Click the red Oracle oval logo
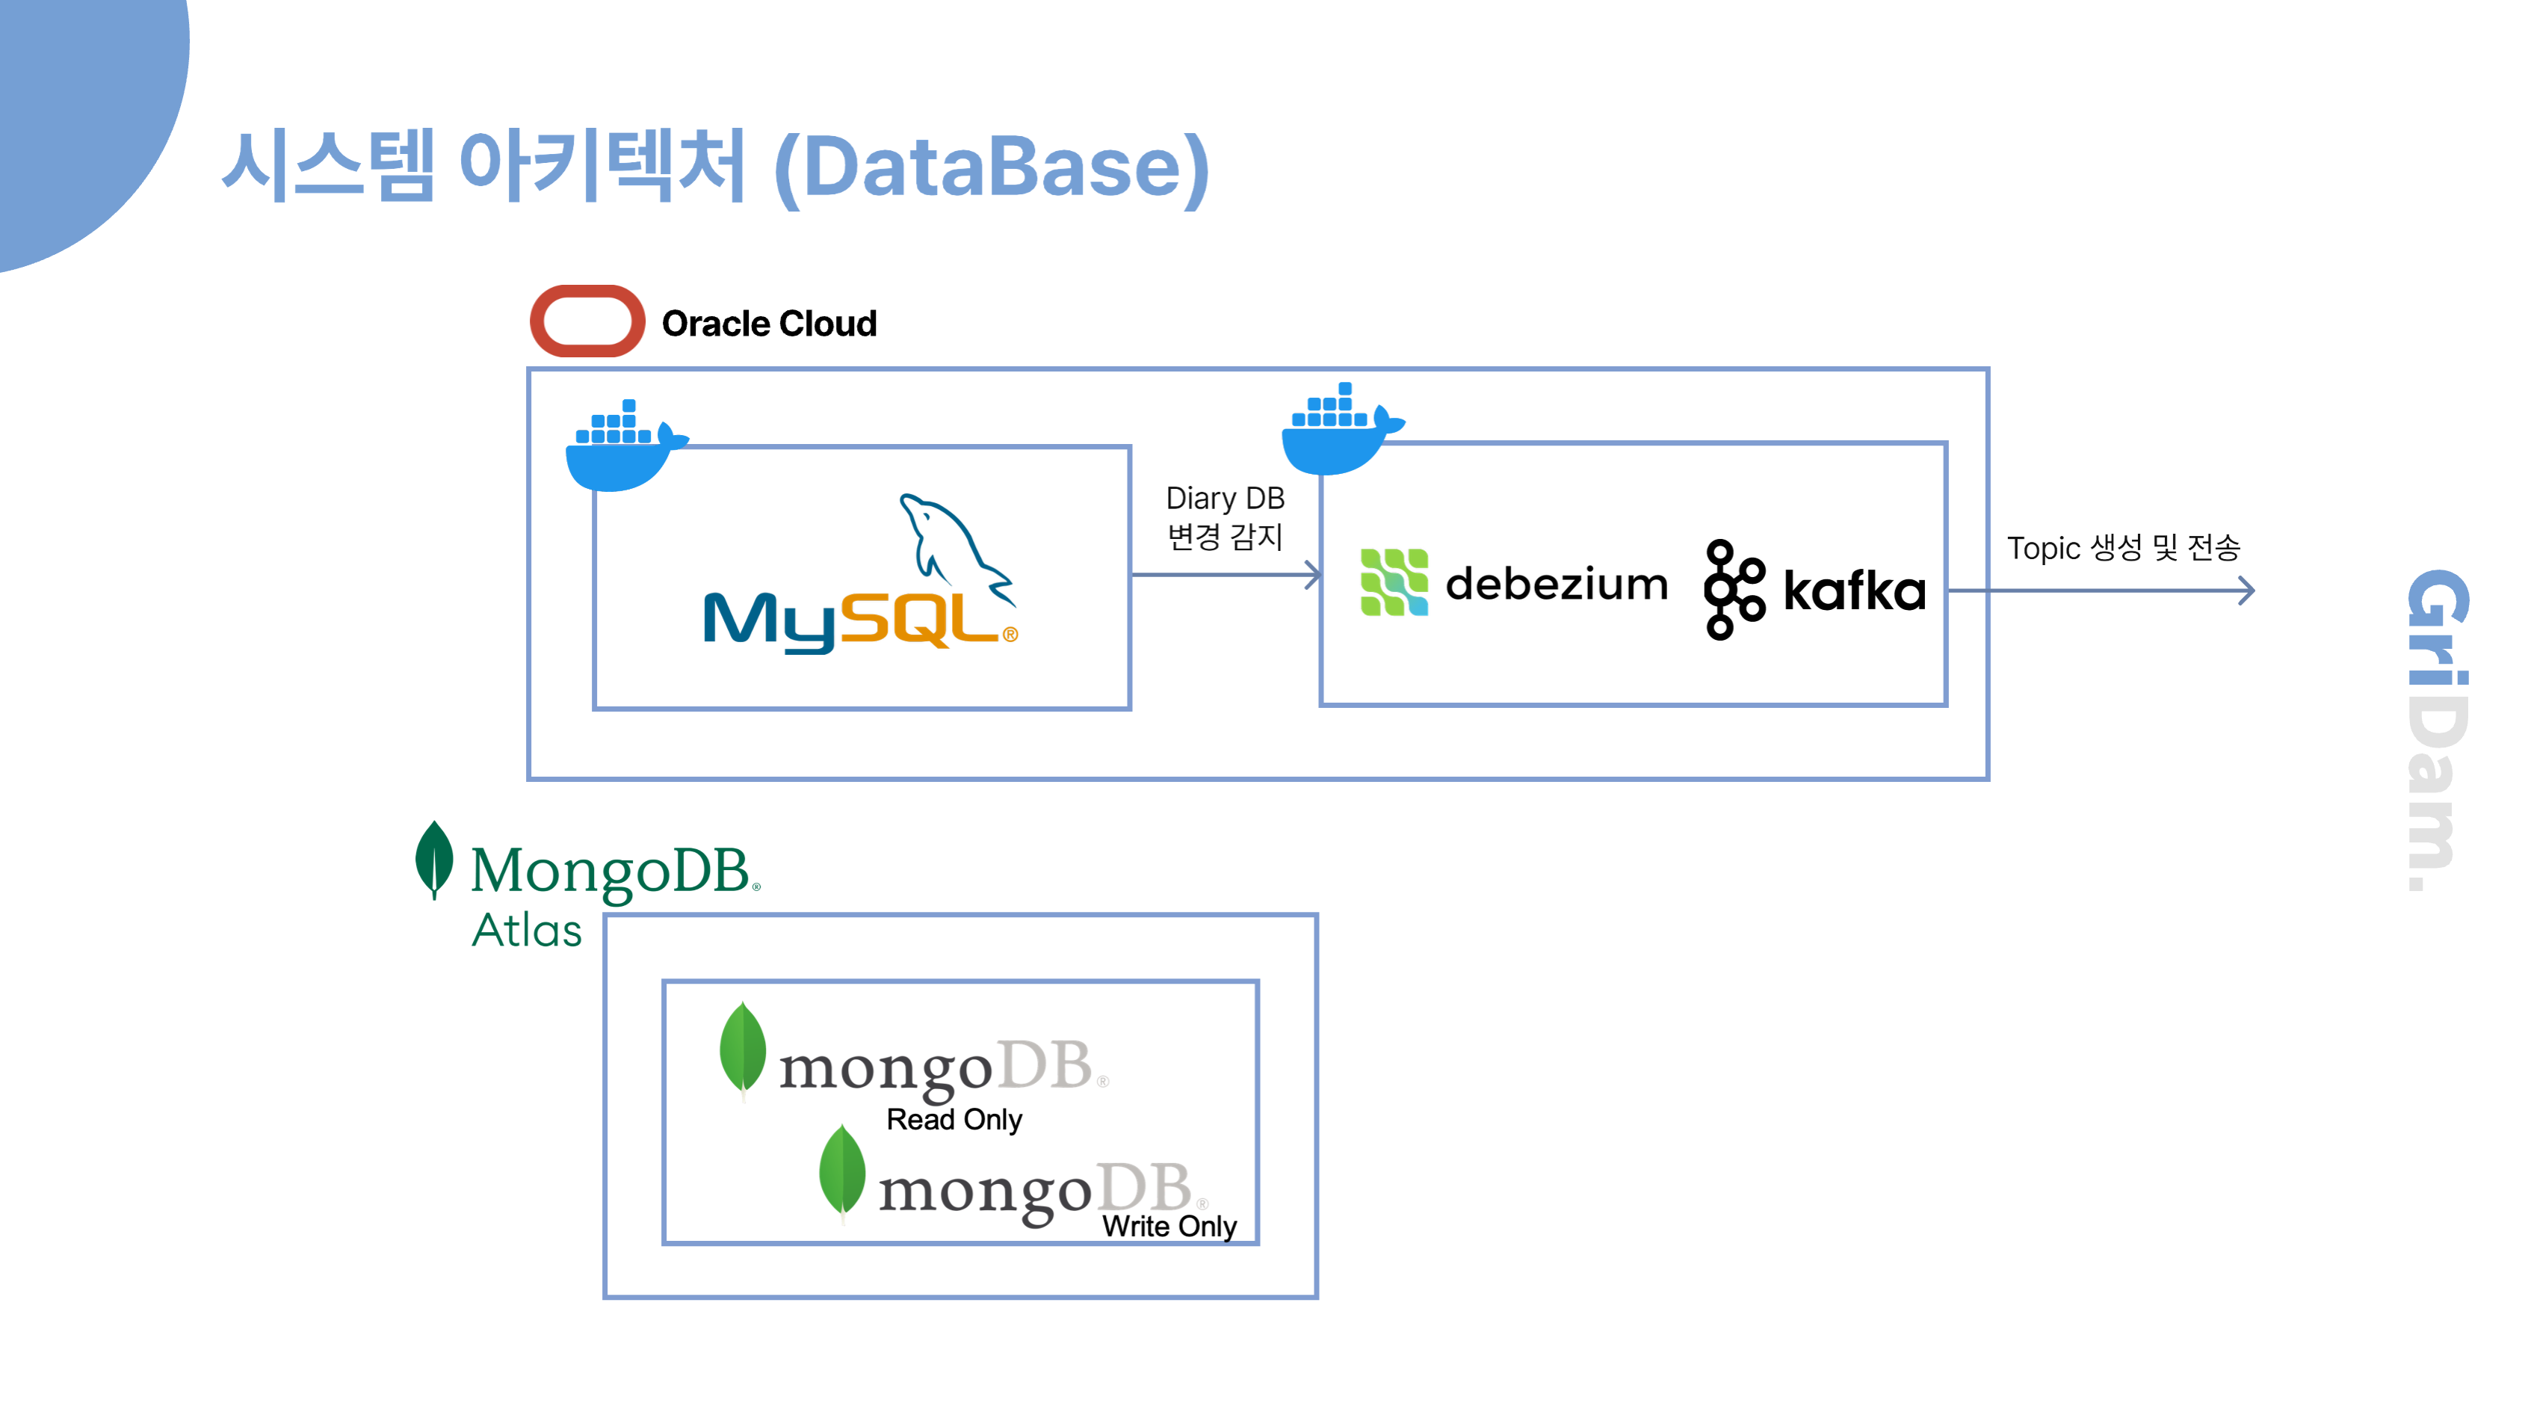click(x=587, y=321)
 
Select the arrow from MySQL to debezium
click(x=1224, y=575)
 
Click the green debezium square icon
click(x=1393, y=583)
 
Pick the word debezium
click(x=1557, y=585)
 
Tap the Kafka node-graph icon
click(x=1733, y=590)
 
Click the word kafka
click(x=1854, y=591)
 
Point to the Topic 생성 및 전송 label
click(x=2122, y=547)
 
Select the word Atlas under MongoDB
click(x=527, y=930)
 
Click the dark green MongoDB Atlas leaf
click(x=434, y=859)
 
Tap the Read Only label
click(x=954, y=1119)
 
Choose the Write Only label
click(x=1169, y=1227)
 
